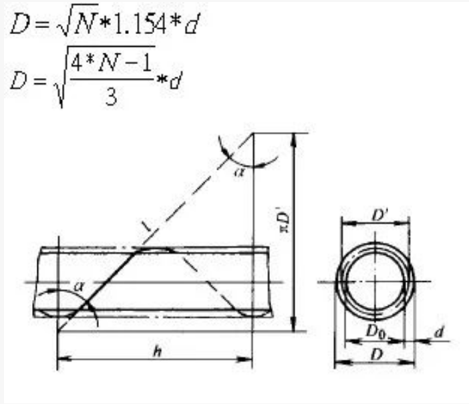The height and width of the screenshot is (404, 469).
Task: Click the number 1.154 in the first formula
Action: pos(140,25)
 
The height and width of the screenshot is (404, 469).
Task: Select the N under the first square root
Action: pos(86,23)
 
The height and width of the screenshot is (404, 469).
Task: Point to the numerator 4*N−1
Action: pos(111,63)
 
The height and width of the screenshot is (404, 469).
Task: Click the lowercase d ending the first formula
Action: pos(192,25)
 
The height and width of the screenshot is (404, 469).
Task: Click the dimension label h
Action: pos(157,351)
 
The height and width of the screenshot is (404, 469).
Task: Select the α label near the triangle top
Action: pos(240,172)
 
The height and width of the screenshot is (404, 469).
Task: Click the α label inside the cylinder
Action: pos(78,286)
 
